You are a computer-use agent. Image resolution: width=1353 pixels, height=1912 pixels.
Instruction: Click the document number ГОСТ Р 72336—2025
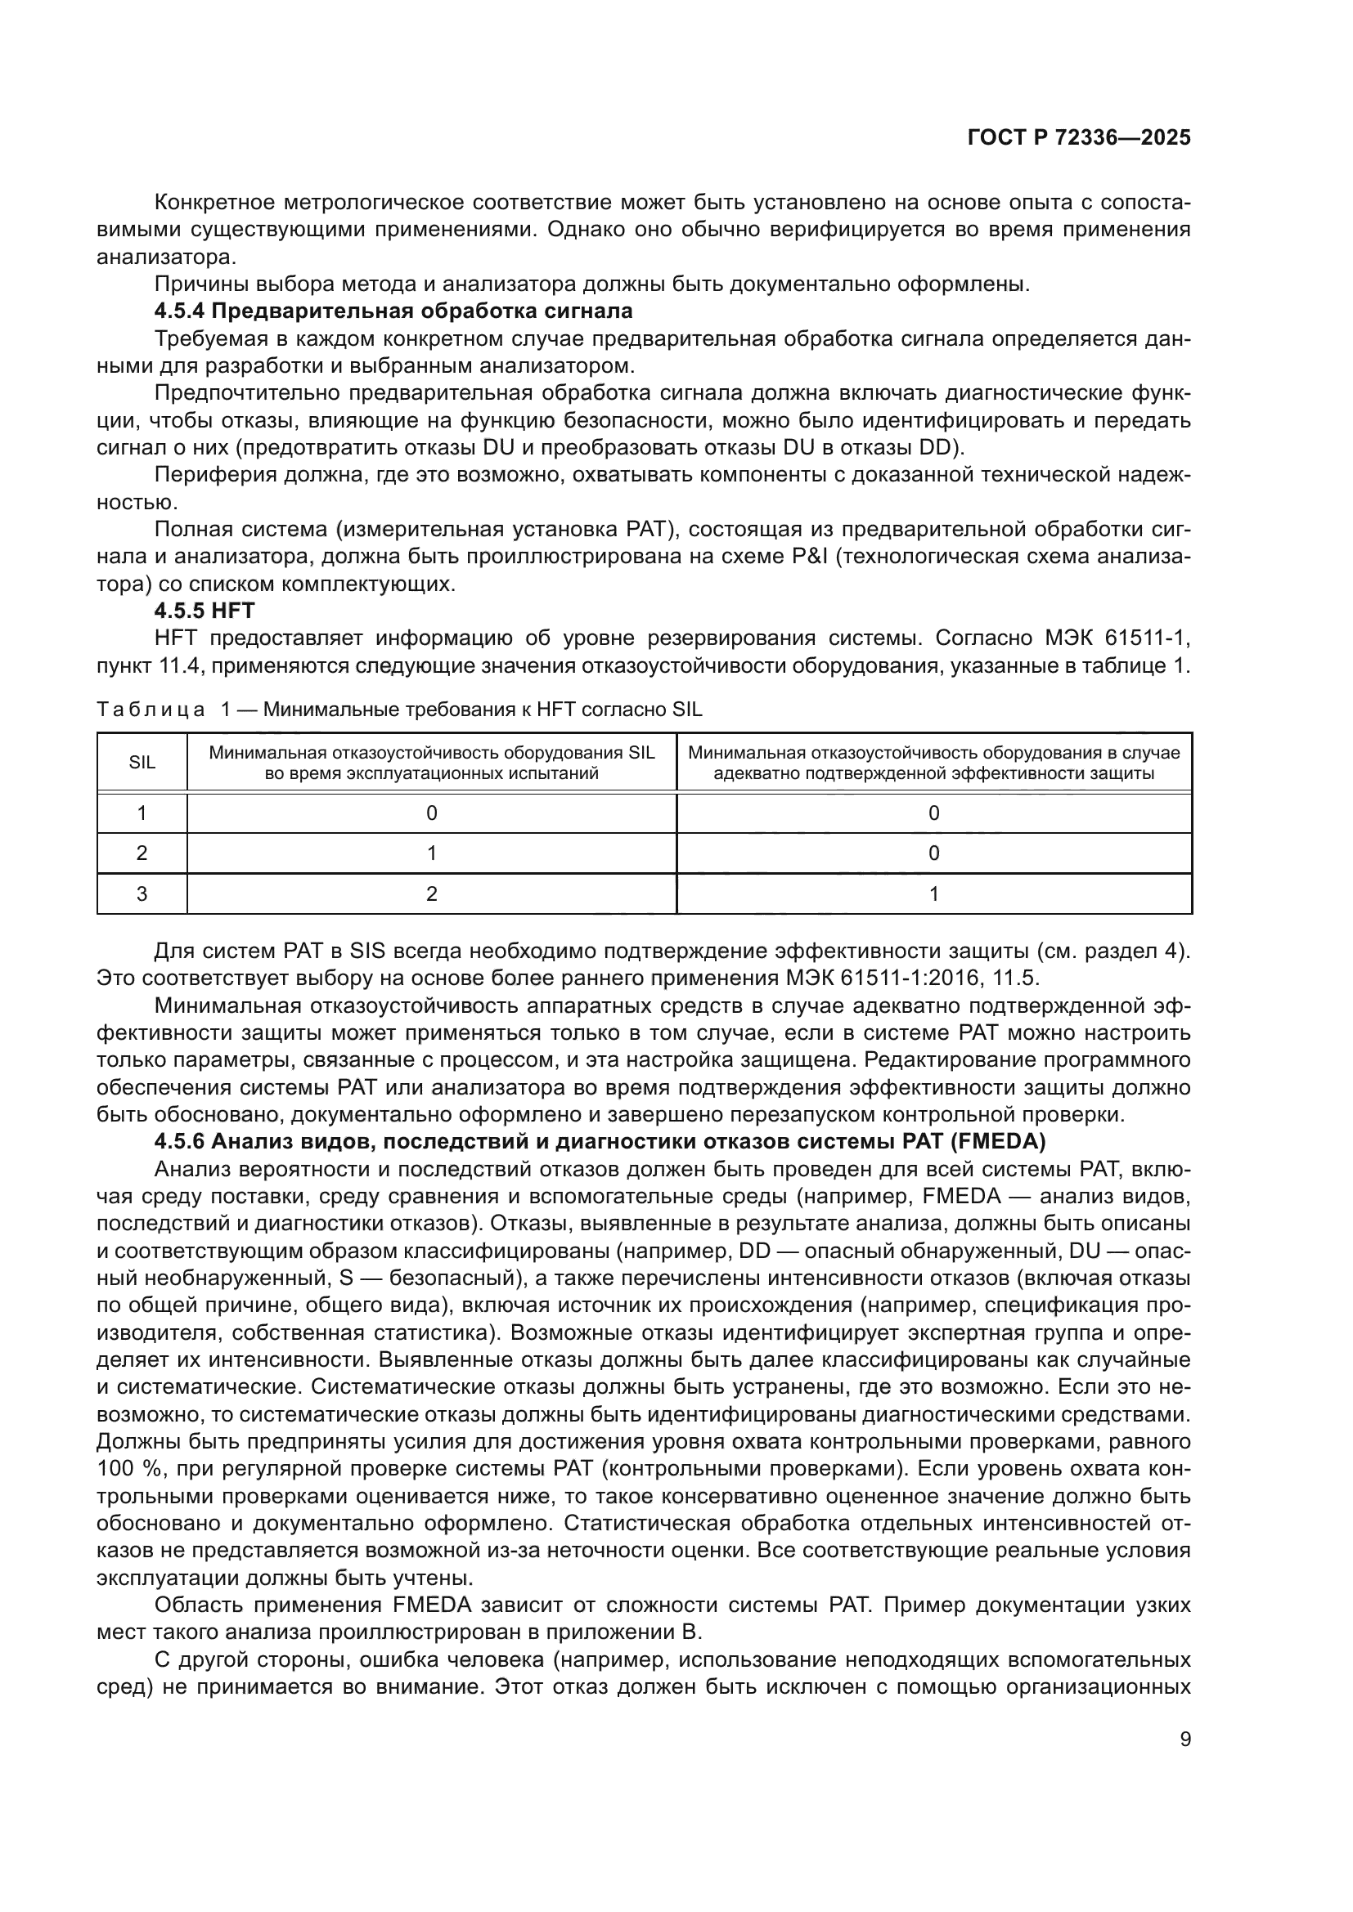click(1079, 138)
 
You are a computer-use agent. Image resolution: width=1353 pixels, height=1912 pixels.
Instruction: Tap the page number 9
click(1184, 1739)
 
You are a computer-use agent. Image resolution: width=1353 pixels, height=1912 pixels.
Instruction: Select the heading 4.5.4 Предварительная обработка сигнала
click(393, 311)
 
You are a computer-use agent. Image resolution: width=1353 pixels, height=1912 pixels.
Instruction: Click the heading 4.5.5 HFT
click(205, 611)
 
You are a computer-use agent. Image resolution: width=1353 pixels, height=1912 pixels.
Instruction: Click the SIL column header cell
click(142, 762)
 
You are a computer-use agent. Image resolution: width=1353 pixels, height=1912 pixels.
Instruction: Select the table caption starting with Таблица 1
click(399, 710)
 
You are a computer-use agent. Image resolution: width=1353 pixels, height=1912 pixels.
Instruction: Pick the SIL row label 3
click(142, 893)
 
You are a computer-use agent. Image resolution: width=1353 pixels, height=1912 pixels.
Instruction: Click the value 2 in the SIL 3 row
click(432, 893)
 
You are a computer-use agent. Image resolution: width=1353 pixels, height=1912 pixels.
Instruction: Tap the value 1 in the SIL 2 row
click(432, 853)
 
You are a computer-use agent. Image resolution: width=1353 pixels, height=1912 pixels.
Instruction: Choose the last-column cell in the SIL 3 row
click(933, 893)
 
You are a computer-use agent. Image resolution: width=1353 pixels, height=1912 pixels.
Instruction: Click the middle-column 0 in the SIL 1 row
click(432, 813)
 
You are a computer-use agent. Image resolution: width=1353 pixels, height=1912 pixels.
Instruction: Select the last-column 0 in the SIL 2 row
click(933, 853)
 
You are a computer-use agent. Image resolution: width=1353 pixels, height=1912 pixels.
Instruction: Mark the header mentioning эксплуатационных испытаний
click(432, 763)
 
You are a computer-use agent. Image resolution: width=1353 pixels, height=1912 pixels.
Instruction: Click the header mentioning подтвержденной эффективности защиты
click(933, 763)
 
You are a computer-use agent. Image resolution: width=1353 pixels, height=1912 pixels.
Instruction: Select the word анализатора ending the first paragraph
click(165, 257)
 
